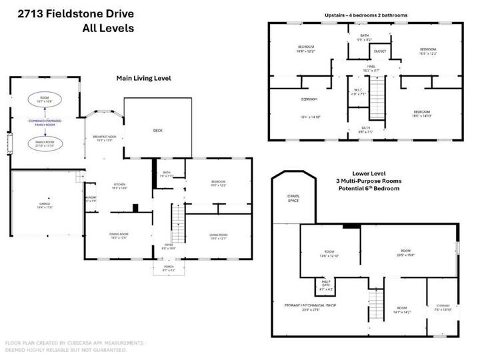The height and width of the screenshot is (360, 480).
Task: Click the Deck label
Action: point(158,131)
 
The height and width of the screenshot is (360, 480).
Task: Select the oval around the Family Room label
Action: point(45,143)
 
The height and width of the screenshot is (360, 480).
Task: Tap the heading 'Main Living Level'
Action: point(143,79)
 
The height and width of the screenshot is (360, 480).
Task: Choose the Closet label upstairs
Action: point(380,51)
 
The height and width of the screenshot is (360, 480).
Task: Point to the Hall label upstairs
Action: point(371,67)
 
